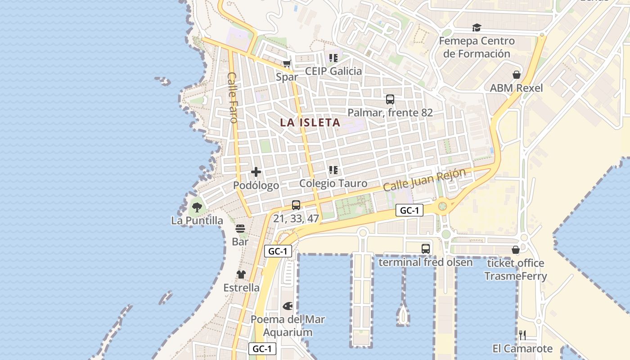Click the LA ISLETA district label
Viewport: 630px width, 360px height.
tap(310, 122)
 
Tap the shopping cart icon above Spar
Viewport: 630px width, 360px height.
tap(287, 64)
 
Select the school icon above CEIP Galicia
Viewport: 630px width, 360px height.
tap(333, 58)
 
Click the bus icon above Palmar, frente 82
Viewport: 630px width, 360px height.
tap(390, 99)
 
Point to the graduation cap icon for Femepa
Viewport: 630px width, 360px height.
tap(477, 28)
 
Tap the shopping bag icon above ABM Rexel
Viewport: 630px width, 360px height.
tap(516, 75)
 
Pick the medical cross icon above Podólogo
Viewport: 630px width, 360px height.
tap(256, 171)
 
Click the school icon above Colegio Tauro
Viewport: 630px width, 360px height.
tap(333, 170)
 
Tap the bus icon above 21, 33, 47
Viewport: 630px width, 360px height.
tap(296, 205)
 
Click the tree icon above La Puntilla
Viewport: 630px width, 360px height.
tap(197, 207)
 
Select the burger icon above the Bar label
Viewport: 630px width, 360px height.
tap(240, 229)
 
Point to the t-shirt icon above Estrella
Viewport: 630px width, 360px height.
tap(241, 274)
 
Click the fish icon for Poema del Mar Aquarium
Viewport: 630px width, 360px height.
tap(288, 306)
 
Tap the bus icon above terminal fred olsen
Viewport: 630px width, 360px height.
tap(425, 248)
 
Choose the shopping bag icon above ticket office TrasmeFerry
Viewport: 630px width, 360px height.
tap(515, 250)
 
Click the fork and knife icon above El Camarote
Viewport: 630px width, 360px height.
tap(522, 335)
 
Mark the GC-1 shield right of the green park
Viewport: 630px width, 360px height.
tap(409, 210)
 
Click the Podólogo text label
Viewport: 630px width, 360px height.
tap(256, 185)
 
